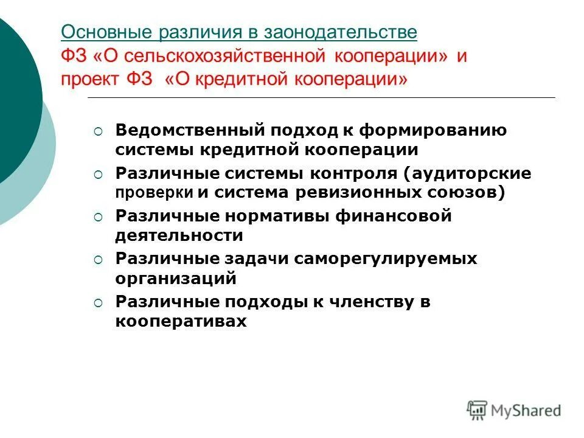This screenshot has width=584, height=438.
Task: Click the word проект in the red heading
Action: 89,80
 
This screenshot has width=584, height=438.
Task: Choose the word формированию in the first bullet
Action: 434,130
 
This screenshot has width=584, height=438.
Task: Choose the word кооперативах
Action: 181,321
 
